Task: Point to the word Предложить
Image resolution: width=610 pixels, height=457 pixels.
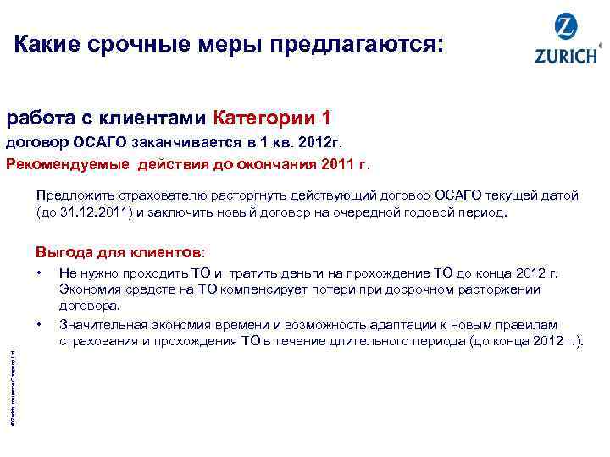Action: [75, 195]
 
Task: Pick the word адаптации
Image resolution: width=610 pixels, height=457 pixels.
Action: [424, 326]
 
